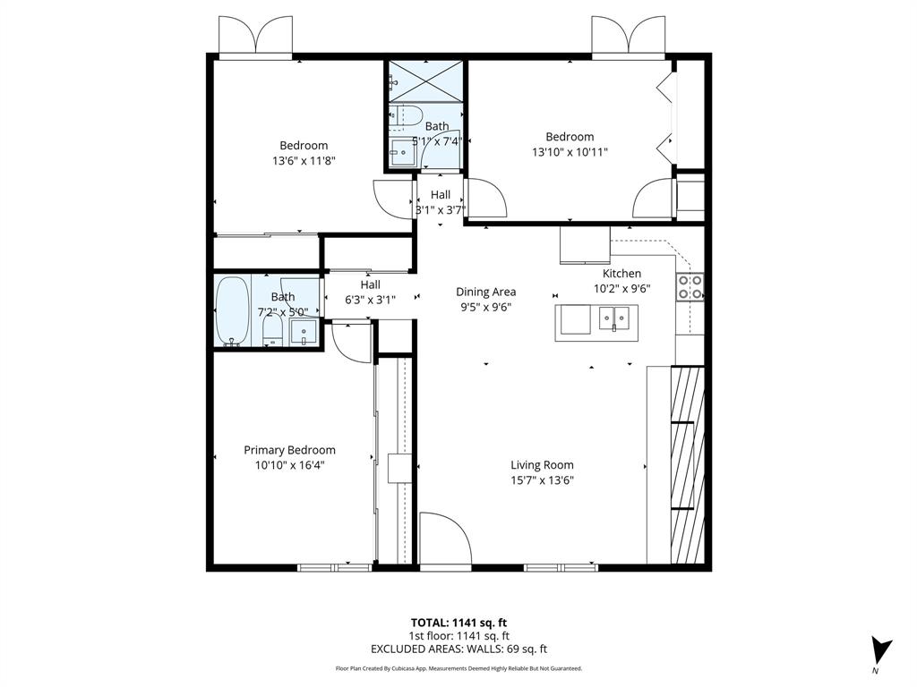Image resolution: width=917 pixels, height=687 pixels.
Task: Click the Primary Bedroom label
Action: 289,450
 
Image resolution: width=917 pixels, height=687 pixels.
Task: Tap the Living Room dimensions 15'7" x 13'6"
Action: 542,480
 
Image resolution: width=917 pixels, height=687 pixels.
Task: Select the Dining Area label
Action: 485,292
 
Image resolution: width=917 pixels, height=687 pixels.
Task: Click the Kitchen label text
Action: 621,274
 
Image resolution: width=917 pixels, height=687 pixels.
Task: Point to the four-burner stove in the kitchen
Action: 690,286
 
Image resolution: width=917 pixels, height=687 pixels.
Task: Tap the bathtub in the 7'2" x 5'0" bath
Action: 233,310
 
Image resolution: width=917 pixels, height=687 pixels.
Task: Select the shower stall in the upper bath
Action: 425,81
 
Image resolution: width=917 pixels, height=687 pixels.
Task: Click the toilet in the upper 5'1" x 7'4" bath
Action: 407,115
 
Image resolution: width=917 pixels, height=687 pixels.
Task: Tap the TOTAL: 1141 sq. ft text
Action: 458,623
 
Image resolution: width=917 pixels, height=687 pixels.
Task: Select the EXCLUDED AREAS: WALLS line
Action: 458,649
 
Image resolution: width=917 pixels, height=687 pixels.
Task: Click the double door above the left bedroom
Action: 256,36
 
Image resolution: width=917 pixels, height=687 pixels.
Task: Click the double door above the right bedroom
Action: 629,36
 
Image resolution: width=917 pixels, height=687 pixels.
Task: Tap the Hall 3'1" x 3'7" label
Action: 440,202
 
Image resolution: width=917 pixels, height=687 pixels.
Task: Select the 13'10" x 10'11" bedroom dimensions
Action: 570,152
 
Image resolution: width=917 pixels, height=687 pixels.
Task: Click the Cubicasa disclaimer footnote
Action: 458,668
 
